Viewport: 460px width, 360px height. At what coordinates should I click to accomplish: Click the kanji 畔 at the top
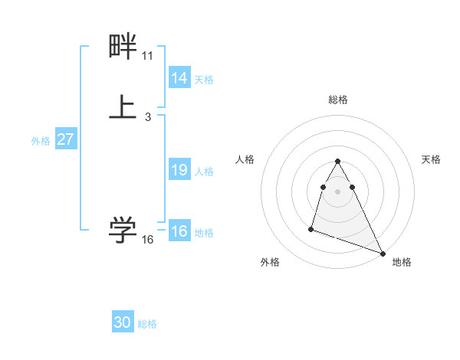pyautogui.click(x=123, y=47)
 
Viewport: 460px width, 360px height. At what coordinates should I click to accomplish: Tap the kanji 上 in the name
pyautogui.click(x=123, y=107)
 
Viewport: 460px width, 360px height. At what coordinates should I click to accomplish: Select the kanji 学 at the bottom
pyautogui.click(x=123, y=229)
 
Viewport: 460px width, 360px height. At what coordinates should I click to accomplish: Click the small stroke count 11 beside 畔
pyautogui.click(x=147, y=56)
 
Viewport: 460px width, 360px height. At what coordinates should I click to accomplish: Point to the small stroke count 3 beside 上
pyautogui.click(x=147, y=117)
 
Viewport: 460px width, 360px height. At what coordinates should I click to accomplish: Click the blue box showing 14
pyautogui.click(x=179, y=78)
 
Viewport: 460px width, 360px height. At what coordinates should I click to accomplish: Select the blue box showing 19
pyautogui.click(x=179, y=170)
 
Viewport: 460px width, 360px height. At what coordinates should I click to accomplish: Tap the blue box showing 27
pyautogui.click(x=66, y=140)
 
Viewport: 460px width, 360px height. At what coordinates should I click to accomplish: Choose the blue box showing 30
pyautogui.click(x=123, y=323)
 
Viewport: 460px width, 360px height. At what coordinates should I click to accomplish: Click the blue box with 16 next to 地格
pyautogui.click(x=179, y=231)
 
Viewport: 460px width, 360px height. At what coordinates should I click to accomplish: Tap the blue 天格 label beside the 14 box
pyautogui.click(x=204, y=80)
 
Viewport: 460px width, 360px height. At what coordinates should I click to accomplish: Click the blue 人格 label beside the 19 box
pyautogui.click(x=204, y=172)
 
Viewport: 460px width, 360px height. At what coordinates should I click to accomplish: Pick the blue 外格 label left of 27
pyautogui.click(x=41, y=141)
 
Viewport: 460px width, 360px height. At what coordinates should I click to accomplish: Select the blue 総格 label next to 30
pyautogui.click(x=147, y=324)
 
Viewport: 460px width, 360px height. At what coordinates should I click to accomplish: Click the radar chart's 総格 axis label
pyautogui.click(x=337, y=100)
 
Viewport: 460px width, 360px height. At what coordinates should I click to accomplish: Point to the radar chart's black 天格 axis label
pyautogui.click(x=431, y=159)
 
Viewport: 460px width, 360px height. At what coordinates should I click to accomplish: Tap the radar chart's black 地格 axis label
pyautogui.click(x=402, y=262)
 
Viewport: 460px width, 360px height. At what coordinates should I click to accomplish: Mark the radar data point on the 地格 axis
pyautogui.click(x=383, y=252)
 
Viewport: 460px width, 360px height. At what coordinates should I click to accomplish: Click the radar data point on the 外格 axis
pyautogui.click(x=311, y=228)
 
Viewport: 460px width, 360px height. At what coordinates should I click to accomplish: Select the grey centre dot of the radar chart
pyautogui.click(x=337, y=189)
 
